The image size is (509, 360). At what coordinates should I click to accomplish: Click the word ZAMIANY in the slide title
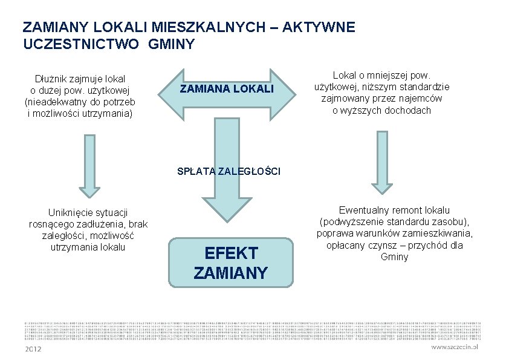coord(51,28)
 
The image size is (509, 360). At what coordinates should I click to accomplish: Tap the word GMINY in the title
coord(172,44)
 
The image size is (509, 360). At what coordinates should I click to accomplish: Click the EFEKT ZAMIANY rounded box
coord(231,263)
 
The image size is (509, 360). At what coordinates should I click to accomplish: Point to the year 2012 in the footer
coord(33,349)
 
